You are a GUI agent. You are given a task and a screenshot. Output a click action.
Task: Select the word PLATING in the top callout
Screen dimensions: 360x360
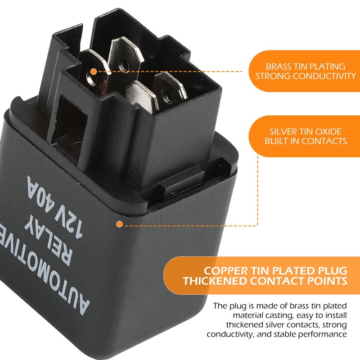pos(329,66)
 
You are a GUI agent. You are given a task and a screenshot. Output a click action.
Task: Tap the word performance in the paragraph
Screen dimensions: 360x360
pos(324,334)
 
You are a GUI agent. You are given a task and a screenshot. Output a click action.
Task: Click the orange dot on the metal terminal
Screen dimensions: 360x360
pos(93,71)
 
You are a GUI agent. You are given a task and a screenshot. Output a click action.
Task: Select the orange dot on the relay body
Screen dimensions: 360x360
pos(120,224)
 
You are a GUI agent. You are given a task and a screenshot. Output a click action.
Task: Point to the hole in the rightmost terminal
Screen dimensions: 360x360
pos(167,95)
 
